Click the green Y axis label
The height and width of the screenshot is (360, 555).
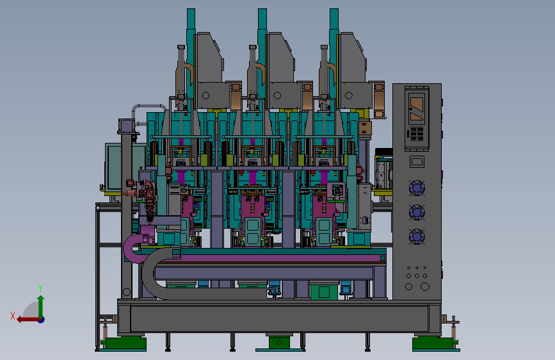click(x=40, y=288)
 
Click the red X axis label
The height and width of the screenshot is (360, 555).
click(x=13, y=316)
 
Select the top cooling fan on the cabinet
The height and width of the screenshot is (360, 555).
click(x=417, y=188)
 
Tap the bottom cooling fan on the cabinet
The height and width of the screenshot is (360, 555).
click(x=417, y=237)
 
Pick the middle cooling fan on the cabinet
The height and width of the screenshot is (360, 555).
click(x=417, y=212)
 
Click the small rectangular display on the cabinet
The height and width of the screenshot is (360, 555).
click(x=417, y=162)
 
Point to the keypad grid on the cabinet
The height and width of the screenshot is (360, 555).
click(x=417, y=134)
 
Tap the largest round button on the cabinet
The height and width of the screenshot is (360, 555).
click(x=425, y=286)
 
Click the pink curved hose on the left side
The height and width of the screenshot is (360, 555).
click(x=131, y=248)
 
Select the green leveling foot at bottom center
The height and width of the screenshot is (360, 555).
click(x=279, y=343)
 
